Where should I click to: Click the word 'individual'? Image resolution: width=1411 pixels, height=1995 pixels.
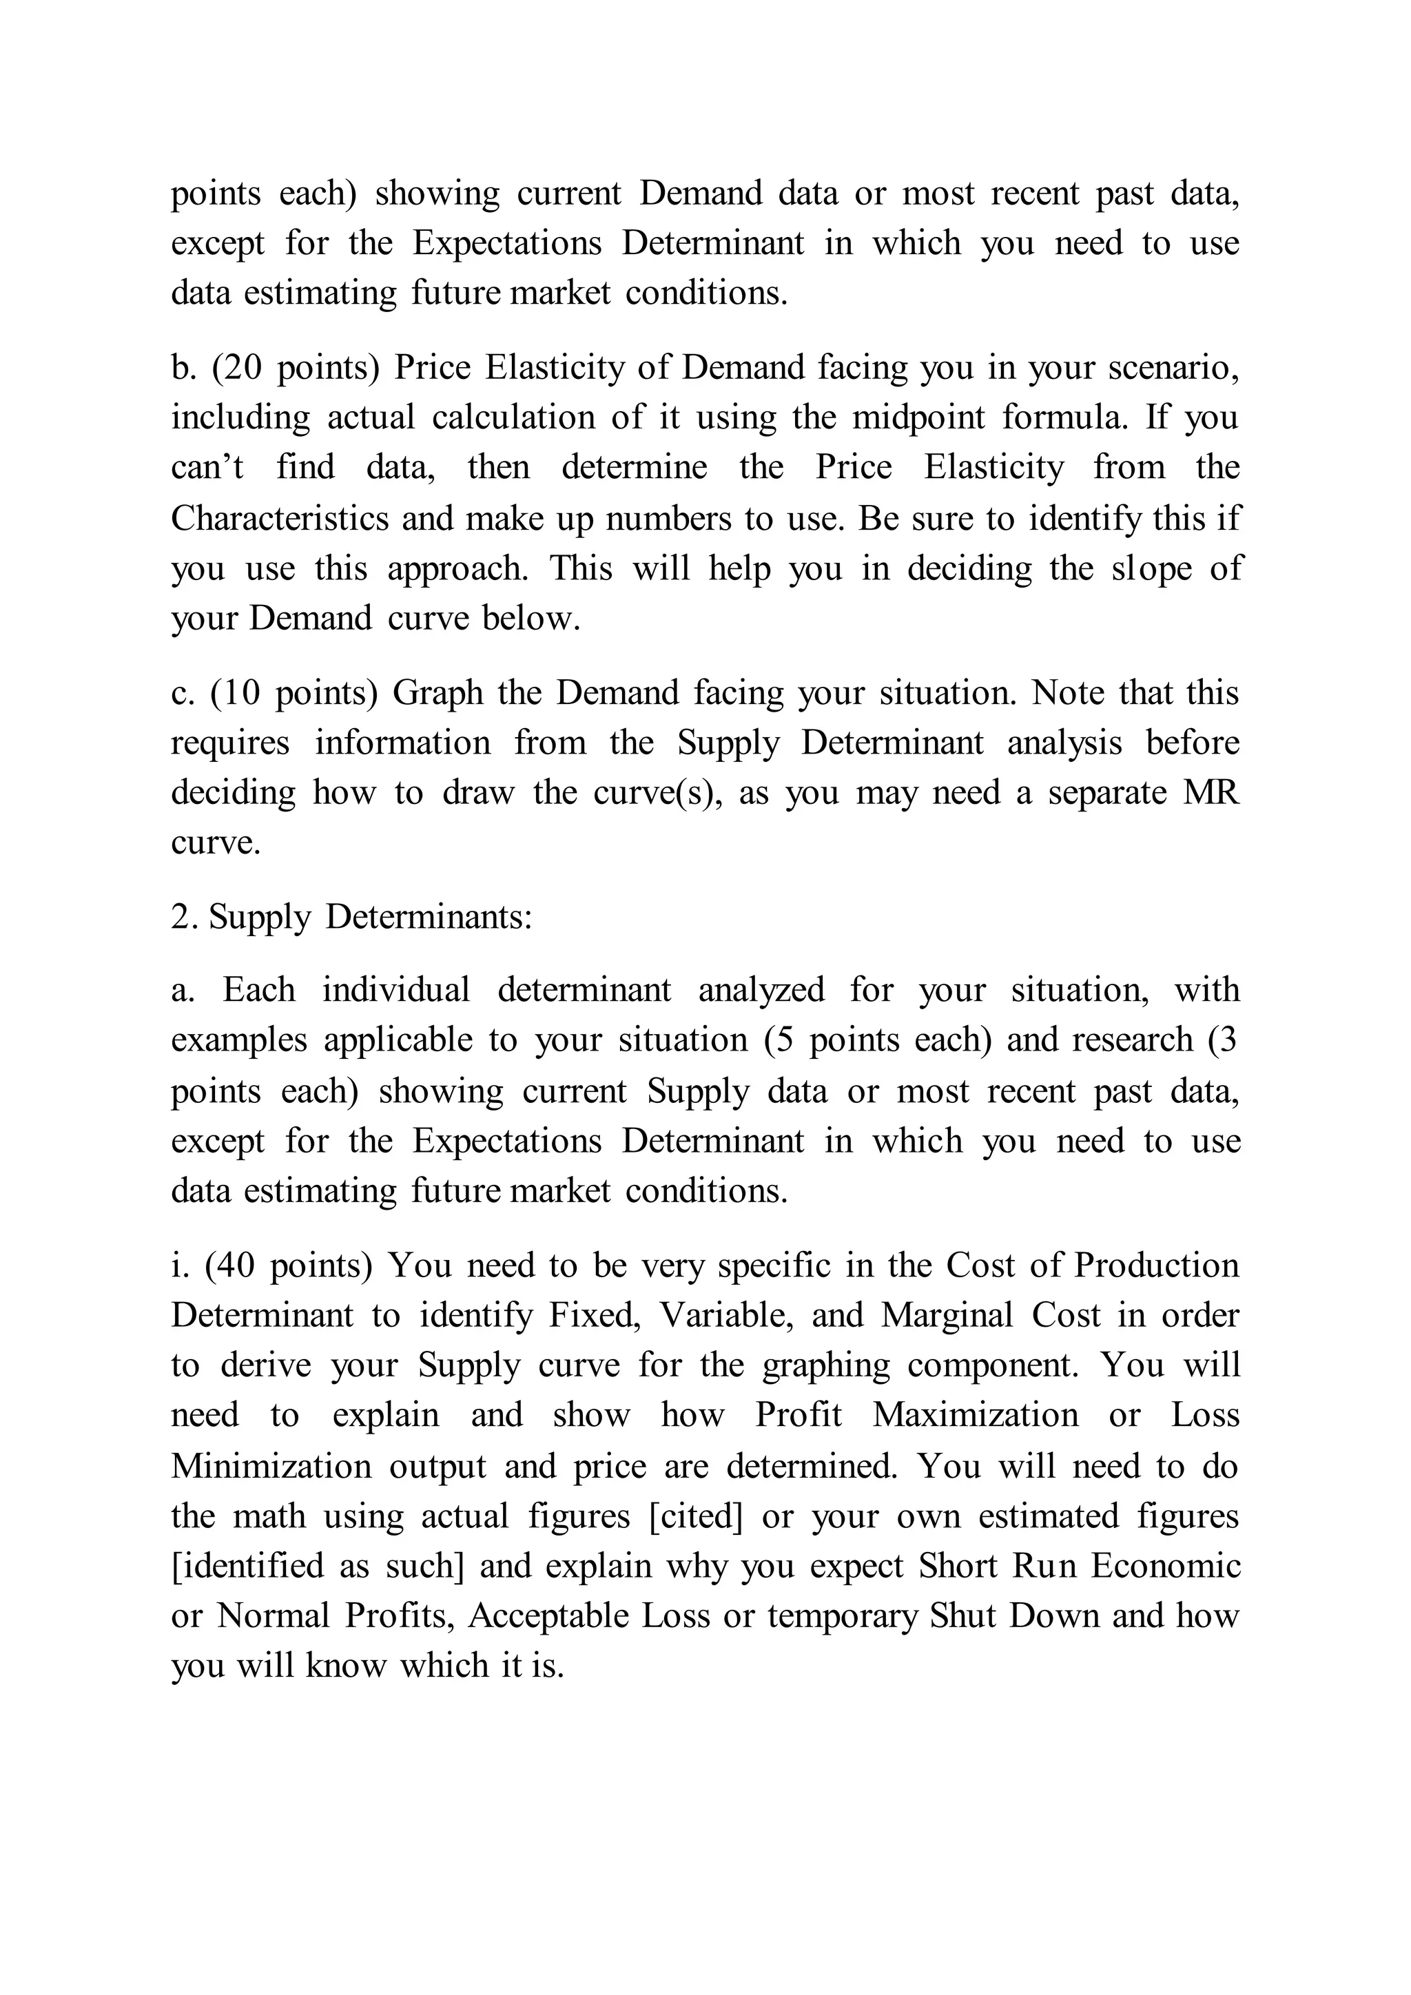tap(396, 991)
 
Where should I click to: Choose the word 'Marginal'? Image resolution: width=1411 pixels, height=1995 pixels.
tap(947, 1316)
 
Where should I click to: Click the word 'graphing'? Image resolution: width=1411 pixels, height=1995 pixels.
tap(825, 1366)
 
